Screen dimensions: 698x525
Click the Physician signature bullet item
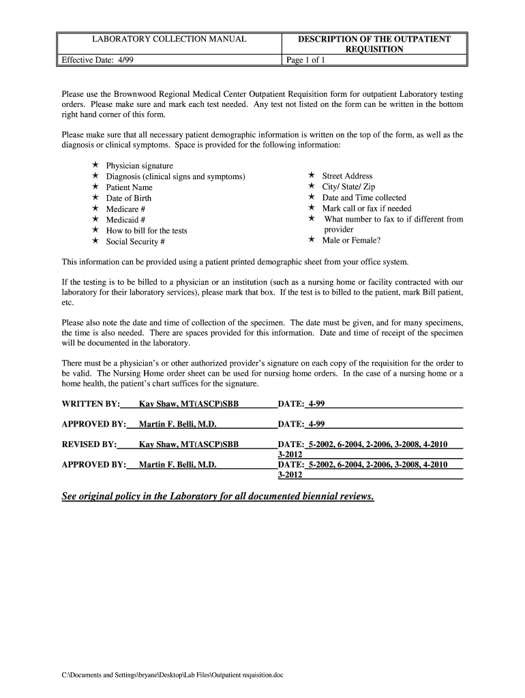coord(139,166)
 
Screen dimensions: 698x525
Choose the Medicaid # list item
coord(125,219)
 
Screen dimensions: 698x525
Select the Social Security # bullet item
coord(135,241)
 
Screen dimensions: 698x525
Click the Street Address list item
coord(348,176)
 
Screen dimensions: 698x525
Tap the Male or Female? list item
coord(351,240)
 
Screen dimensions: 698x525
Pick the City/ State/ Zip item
coord(348,187)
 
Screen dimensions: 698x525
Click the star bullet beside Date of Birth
coord(95,198)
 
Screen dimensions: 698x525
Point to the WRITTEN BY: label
coord(91,404)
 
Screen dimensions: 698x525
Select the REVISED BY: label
coord(89,444)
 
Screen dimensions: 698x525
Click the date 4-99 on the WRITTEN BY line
coord(316,404)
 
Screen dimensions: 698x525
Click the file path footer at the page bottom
coord(172,675)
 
